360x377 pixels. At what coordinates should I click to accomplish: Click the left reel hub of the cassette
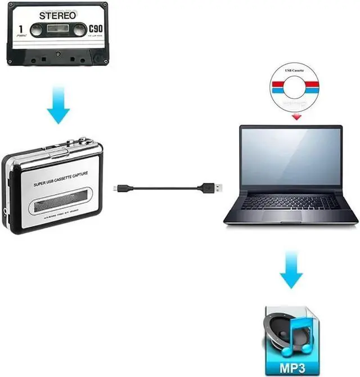37,30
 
